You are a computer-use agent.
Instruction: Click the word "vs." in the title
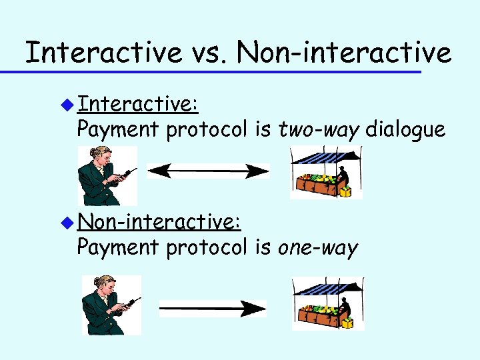point(208,52)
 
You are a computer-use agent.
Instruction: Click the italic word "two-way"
point(319,129)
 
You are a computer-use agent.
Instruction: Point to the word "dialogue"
point(405,129)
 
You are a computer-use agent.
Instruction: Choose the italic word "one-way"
point(317,247)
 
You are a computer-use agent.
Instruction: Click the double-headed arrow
point(207,171)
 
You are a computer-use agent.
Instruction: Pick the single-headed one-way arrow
point(212,308)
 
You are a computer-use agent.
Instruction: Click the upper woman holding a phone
point(106,175)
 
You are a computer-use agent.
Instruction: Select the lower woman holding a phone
point(111,305)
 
